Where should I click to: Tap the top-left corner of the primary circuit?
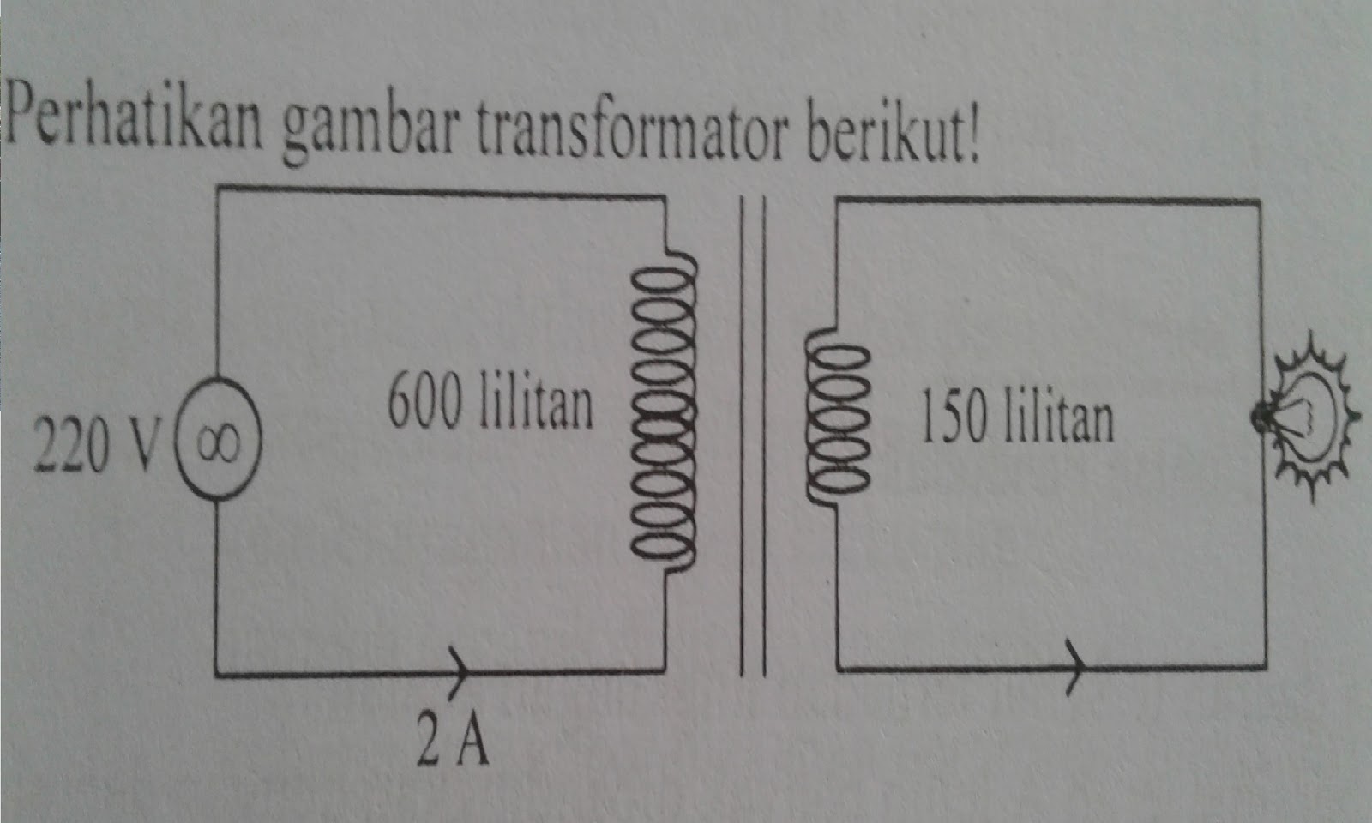click(218, 189)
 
